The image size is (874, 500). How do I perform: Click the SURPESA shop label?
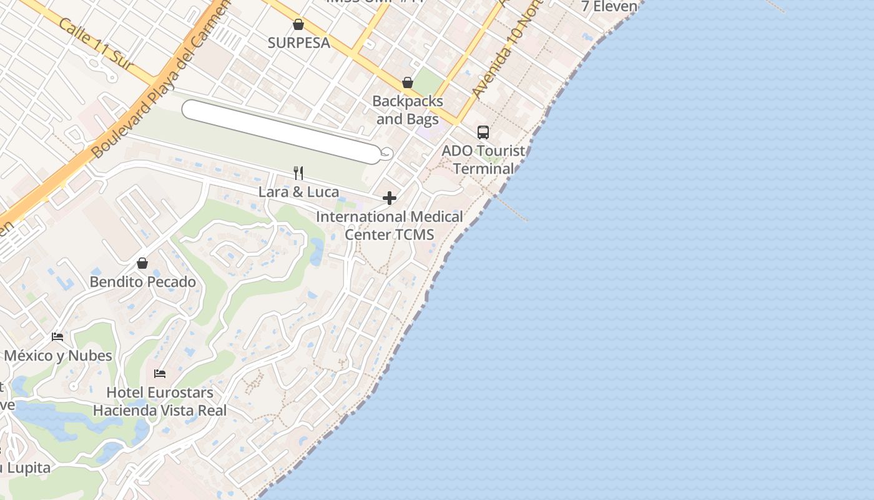tap(298, 43)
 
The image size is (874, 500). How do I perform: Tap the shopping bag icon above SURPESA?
tap(298, 24)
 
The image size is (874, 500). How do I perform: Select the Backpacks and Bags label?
tap(408, 109)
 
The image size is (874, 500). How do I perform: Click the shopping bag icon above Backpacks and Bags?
tap(408, 82)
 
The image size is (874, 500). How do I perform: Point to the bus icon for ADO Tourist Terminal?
tap(483, 132)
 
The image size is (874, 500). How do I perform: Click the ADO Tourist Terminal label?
tap(484, 159)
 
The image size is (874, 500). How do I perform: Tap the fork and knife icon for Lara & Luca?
tap(298, 173)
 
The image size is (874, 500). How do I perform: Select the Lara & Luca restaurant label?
tap(298, 192)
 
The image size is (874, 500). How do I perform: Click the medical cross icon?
tap(390, 199)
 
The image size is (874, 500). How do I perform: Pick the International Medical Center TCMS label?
tap(390, 226)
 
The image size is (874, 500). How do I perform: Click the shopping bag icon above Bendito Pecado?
tap(142, 263)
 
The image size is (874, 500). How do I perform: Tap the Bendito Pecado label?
tap(142, 282)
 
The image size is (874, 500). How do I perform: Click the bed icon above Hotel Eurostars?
tap(160, 374)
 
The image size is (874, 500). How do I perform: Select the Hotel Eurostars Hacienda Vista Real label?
tap(160, 401)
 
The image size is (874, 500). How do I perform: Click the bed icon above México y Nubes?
tap(57, 337)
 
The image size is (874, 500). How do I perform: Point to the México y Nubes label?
tap(57, 356)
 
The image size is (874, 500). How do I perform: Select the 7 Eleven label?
tap(609, 7)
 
